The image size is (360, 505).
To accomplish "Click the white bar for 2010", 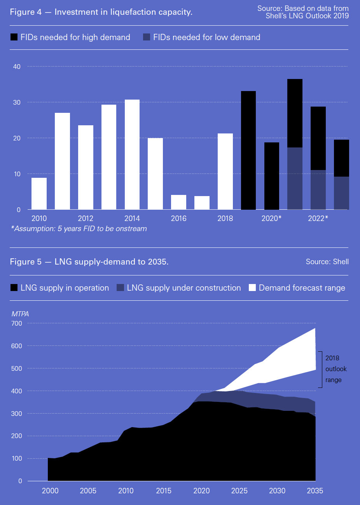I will tap(39, 194).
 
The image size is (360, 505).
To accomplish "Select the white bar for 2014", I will tap(132, 154).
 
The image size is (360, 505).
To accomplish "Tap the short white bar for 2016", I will tap(178, 202).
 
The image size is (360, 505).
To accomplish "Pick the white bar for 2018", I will tap(225, 172).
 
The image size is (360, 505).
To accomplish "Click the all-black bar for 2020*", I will tap(272, 176).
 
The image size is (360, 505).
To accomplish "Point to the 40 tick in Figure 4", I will tap(17, 67).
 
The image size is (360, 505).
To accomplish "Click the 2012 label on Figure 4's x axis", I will tap(86, 218).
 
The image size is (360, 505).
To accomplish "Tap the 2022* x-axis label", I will tap(318, 218).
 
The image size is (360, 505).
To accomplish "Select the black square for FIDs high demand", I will tap(14, 37).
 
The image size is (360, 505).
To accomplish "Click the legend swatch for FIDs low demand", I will tap(147, 37).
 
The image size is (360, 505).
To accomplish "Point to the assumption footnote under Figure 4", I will tap(79, 229).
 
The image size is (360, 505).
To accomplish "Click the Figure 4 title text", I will tap(101, 12).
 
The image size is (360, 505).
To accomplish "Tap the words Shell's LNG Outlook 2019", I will tap(307, 16).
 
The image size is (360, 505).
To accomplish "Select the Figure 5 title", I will tap(89, 262).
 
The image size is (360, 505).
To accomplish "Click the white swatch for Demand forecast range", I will tap(252, 288).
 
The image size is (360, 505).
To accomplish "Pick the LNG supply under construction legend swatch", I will tap(120, 288).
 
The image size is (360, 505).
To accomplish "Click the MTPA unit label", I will tap(20, 314).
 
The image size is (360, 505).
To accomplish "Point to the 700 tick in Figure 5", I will tap(17, 323).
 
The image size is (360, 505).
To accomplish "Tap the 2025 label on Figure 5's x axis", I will tap(239, 491).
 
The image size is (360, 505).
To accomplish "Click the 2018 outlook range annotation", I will tap(336, 369).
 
